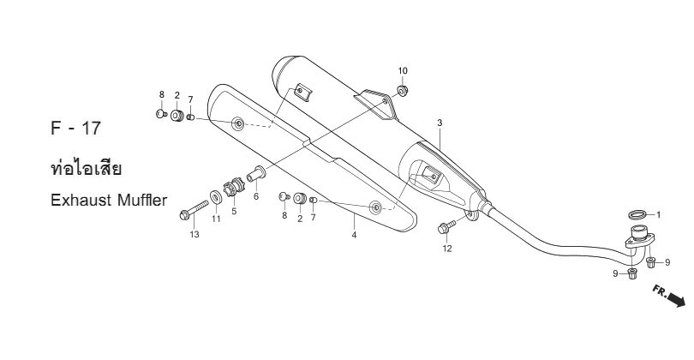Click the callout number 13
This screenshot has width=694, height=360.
pos(194,235)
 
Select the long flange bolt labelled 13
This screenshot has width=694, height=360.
pos(194,210)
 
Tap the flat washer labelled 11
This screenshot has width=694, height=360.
pos(216,196)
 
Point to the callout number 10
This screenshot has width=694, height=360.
pos(403,71)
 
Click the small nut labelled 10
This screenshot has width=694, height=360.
pos(403,91)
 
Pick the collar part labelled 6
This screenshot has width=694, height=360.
pos(256,173)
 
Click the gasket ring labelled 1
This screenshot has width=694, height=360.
pos(637,215)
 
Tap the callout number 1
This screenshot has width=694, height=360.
pos(659,215)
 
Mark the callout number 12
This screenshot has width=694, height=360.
pos(447,249)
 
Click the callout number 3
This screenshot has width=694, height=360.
pos(440,123)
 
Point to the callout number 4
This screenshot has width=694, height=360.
pos(354,235)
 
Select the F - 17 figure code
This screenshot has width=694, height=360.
pos(76,129)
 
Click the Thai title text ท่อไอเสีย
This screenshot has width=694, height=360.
pos(87,168)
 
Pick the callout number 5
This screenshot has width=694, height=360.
pos(234,212)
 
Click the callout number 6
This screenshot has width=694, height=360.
pos(256,196)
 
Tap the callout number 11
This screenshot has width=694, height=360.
pos(216,219)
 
